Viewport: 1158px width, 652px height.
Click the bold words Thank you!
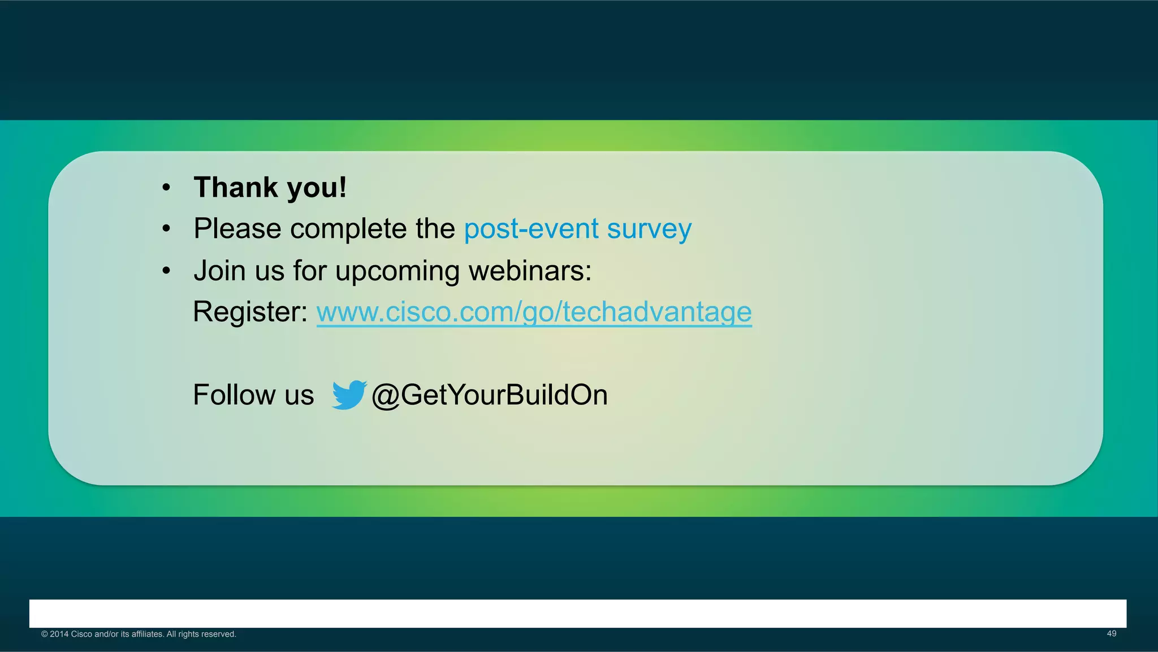coord(270,187)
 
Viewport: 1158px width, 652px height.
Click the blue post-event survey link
coord(577,229)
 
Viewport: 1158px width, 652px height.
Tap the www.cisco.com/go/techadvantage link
coord(534,312)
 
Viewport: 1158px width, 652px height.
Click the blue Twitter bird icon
coord(349,395)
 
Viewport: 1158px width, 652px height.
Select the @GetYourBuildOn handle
coord(490,395)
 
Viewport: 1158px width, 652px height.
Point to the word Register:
coord(250,312)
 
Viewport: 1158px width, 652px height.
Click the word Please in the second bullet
coord(237,229)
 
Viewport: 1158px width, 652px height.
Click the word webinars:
coord(530,270)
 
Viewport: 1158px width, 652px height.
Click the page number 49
coord(1111,634)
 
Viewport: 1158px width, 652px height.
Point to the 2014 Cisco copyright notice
coord(139,634)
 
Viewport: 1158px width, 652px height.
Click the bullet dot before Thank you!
coord(166,188)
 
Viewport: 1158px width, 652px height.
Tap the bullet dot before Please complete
coord(166,229)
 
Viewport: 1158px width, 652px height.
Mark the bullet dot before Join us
coord(166,271)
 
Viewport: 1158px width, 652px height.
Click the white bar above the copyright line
coord(578,614)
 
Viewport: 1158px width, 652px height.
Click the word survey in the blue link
coord(649,229)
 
